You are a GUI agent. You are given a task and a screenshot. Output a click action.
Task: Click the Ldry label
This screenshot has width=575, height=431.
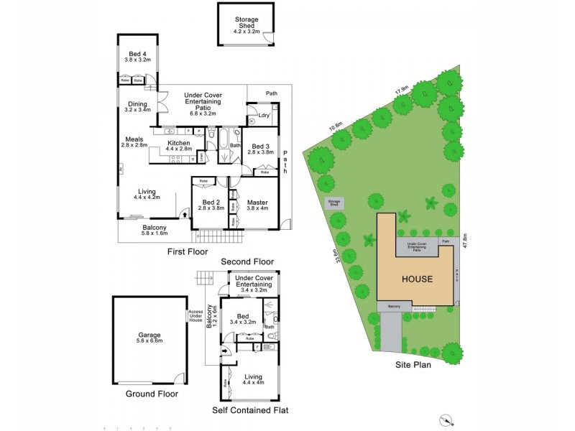(264, 114)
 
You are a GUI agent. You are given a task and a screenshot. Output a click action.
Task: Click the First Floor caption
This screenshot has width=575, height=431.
(188, 252)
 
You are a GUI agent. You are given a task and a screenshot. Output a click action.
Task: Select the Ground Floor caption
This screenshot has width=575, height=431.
(152, 394)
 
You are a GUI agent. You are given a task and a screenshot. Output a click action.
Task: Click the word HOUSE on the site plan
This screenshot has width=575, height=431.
(417, 279)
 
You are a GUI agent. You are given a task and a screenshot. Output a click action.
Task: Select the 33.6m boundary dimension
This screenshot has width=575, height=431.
(336, 256)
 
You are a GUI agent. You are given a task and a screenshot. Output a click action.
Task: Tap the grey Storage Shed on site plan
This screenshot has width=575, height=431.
(334, 203)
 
